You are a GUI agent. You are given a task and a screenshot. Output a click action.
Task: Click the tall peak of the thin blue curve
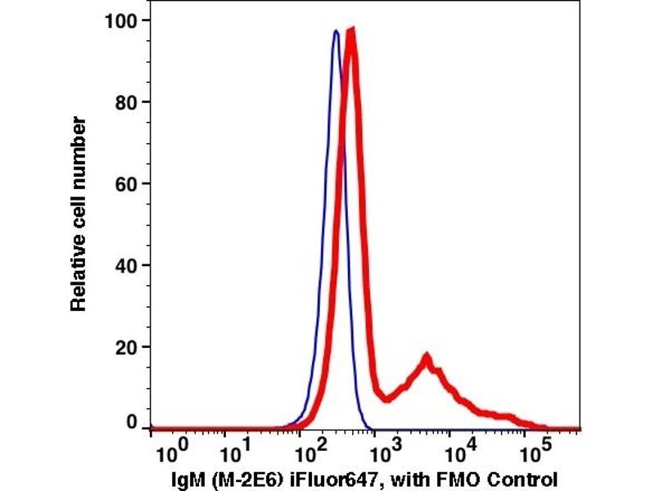336,32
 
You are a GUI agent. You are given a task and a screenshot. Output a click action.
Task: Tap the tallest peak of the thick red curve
351,31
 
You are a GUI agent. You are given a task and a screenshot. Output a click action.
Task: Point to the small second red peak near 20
427,357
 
